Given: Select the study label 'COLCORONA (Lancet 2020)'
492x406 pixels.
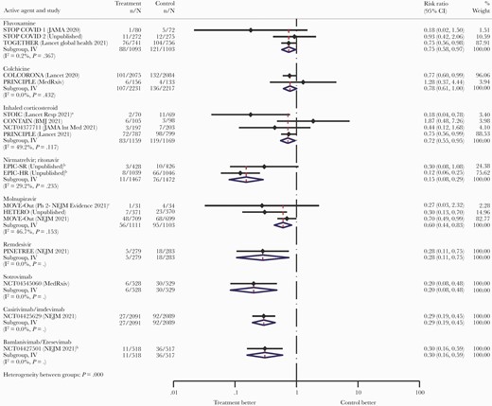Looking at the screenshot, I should click(44, 98).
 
